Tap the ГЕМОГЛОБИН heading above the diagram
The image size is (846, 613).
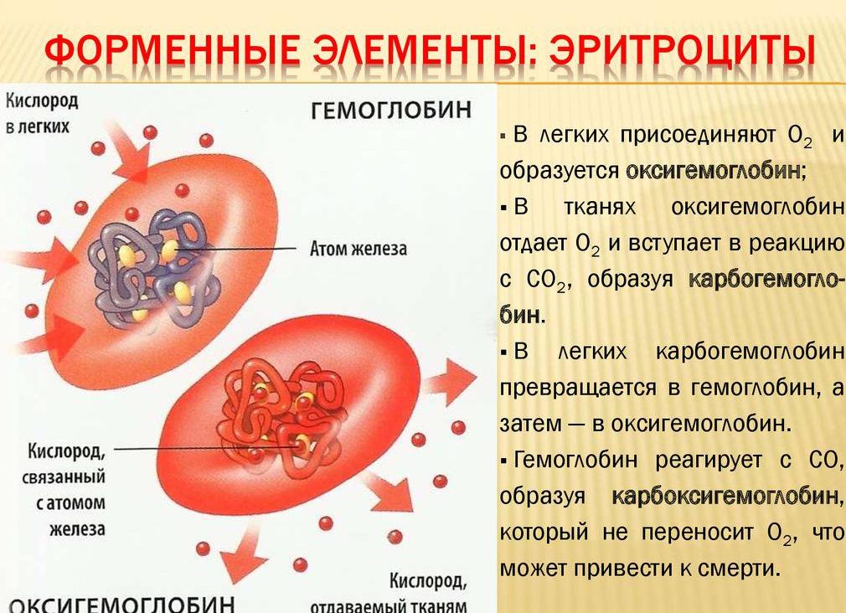coord(391,111)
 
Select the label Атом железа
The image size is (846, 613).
coord(358,249)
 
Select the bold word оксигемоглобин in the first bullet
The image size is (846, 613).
coord(713,171)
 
